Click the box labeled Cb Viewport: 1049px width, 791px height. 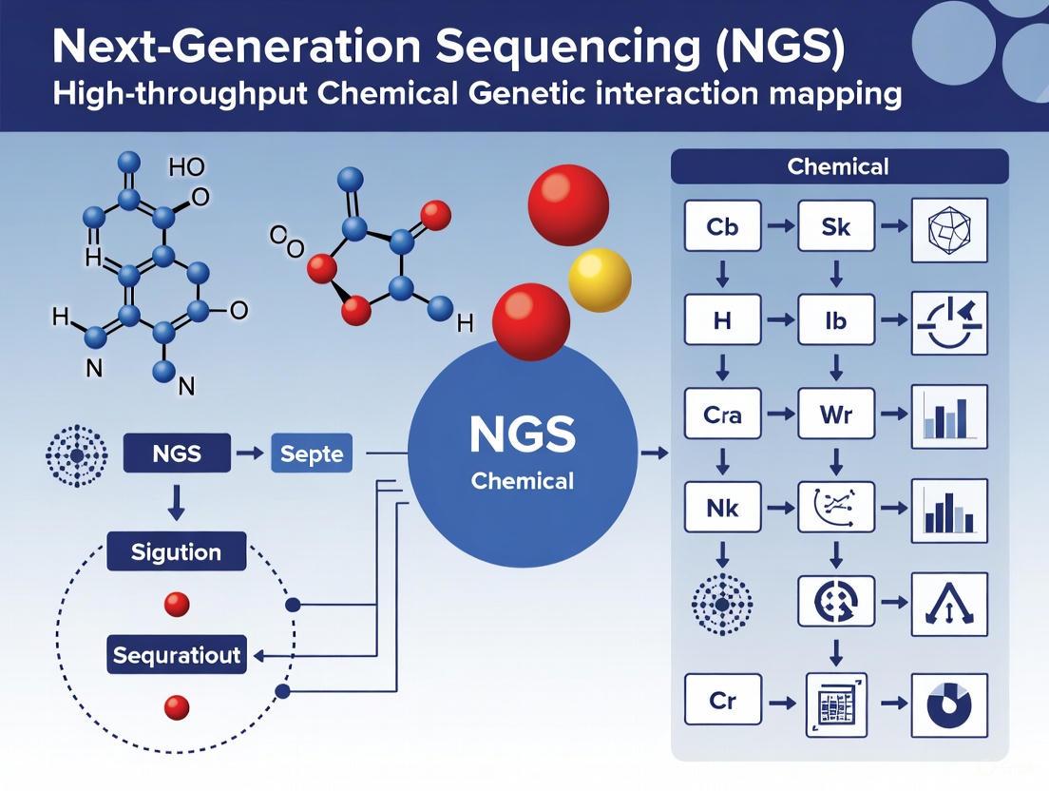tap(722, 225)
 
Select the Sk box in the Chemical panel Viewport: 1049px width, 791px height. tap(836, 225)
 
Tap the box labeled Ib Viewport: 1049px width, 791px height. tap(836, 321)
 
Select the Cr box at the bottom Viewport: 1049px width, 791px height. tap(722, 702)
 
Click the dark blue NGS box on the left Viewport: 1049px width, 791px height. tap(177, 453)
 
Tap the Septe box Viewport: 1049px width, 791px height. tap(312, 453)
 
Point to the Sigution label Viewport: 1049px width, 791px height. tap(177, 552)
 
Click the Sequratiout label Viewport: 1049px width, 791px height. tap(177, 655)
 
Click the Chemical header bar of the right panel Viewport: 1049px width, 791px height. tap(839, 167)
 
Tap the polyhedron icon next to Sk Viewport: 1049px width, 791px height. tap(949, 229)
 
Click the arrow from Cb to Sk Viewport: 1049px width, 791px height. tap(779, 226)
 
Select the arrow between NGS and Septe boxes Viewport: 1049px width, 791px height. tap(249, 453)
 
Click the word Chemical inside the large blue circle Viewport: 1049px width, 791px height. tap(522, 481)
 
